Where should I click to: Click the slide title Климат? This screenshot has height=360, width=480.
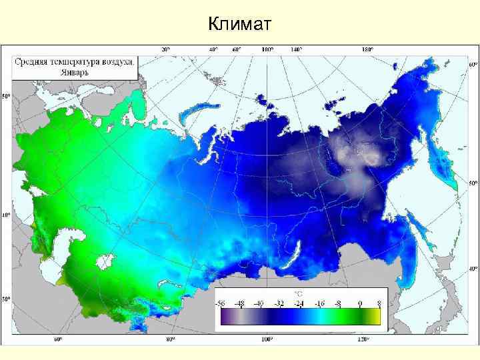tap(239, 25)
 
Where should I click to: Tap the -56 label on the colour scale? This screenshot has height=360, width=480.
tap(221, 303)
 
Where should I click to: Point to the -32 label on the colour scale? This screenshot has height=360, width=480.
tap(281, 303)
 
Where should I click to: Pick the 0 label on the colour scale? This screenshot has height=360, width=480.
tap(359, 303)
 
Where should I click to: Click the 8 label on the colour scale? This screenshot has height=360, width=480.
tap(379, 303)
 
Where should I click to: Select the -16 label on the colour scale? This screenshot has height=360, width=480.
tap(321, 303)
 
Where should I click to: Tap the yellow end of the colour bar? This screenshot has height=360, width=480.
tap(375, 319)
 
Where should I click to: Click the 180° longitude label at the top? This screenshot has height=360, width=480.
tap(367, 49)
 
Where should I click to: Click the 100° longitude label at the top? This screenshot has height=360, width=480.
tap(267, 49)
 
